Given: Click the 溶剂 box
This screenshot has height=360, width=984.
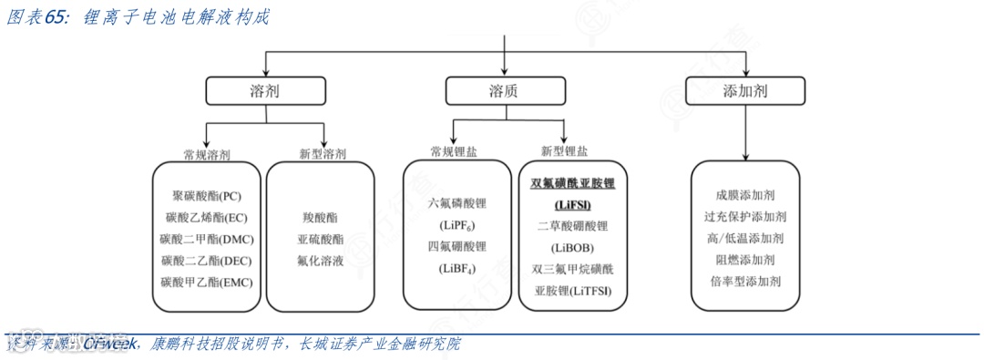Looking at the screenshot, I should (x=264, y=91).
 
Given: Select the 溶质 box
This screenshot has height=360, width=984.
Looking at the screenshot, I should (x=504, y=91).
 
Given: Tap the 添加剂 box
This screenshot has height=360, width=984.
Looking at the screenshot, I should (x=745, y=91).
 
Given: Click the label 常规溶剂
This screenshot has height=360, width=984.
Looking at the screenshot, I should (x=207, y=155).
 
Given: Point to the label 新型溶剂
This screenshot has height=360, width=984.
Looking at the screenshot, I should (x=322, y=155).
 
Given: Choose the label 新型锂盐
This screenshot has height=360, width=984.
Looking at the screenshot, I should (x=564, y=151).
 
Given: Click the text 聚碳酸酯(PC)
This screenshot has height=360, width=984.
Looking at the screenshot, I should (x=207, y=196).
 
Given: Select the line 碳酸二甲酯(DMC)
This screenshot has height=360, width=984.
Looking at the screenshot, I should (x=207, y=239).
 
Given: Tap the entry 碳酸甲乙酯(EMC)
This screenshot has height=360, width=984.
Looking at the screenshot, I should (x=207, y=282).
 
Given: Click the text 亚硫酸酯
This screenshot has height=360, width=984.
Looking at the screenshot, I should (x=321, y=239).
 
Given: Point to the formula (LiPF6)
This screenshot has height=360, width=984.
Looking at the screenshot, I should (x=457, y=225).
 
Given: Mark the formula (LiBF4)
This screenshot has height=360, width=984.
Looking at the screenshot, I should (x=457, y=268).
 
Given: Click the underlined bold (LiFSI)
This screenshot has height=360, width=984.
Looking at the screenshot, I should (x=573, y=204).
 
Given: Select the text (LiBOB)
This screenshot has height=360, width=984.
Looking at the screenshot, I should (x=573, y=247).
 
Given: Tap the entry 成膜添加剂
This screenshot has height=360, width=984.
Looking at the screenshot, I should (x=745, y=195).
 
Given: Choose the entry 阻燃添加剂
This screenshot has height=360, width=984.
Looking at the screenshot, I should (x=745, y=260).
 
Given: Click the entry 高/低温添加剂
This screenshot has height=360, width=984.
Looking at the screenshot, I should (x=745, y=238).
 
